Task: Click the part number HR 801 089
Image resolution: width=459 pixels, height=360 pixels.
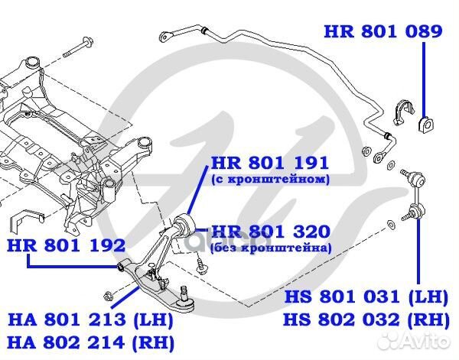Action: coord(383,31)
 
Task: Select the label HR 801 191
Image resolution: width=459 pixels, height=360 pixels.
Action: coord(269,163)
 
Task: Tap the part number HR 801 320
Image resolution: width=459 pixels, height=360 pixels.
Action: coord(271,232)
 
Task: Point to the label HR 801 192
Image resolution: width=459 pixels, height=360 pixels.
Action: coord(67,245)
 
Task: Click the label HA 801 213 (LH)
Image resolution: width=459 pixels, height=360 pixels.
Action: coord(90,319)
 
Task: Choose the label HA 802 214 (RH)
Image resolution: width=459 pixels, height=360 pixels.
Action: coord(90,342)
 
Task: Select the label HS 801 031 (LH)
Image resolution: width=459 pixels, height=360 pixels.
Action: coord(366,297)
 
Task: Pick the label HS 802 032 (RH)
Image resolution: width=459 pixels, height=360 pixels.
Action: coord(366,319)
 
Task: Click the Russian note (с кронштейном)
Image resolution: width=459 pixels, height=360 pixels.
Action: coord(270,179)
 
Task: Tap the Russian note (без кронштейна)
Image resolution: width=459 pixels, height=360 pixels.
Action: coord(271,248)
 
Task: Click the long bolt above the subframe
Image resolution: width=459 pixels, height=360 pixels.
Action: coord(78,47)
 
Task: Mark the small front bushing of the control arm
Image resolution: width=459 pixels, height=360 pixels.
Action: coord(121,267)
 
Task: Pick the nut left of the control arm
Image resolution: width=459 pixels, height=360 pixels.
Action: coord(109,296)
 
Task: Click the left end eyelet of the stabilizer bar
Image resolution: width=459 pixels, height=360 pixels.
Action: coord(166,37)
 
